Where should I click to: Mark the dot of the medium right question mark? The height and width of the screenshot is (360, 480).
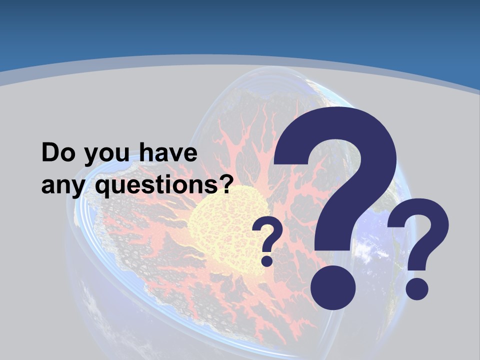point(416,288)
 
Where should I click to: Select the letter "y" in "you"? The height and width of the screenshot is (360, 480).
point(90,156)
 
